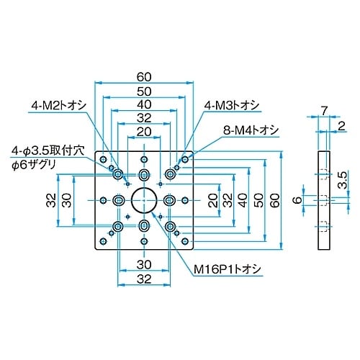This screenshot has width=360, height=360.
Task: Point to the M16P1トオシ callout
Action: point(225,269)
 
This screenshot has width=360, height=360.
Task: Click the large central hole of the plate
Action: point(143,199)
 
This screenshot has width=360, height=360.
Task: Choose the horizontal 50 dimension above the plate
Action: point(143,91)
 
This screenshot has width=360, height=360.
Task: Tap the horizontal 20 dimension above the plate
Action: point(143,132)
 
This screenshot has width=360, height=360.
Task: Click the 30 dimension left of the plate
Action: point(66,199)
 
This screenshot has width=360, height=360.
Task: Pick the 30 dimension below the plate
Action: point(143,264)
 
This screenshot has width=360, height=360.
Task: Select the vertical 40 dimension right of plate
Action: point(240,199)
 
